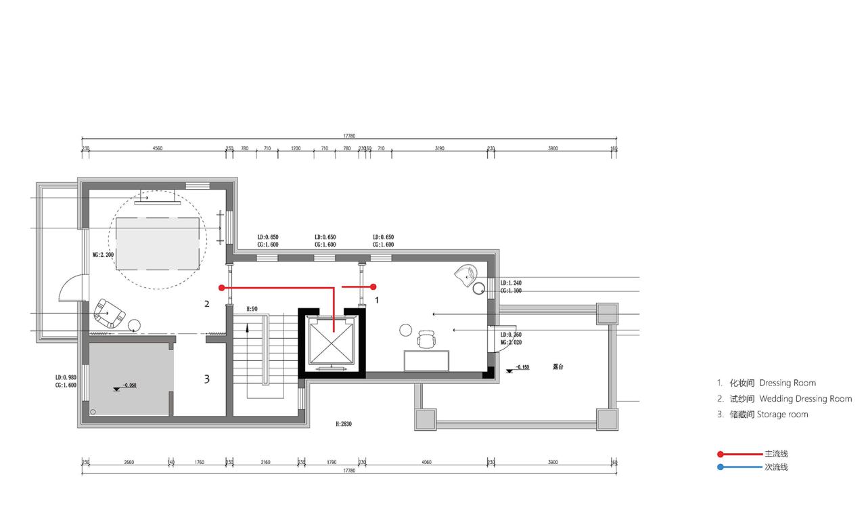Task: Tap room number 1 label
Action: coord(377,298)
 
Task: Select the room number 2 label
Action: coord(207,304)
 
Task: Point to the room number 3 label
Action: coord(207,379)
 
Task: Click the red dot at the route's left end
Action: coord(221,287)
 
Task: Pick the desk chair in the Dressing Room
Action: coord(426,338)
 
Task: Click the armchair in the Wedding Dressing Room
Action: coord(108,313)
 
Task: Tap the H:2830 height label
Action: coord(344,424)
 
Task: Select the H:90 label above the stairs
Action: coord(252,309)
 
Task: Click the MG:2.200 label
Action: coord(103,255)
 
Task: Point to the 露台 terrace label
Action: coord(558,367)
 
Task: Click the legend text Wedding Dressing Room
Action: coord(805,399)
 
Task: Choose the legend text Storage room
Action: coord(782,415)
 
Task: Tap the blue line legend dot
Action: coord(721,467)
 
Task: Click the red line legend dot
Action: coord(721,454)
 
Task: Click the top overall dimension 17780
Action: coord(349,136)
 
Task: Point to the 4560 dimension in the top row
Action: coord(157,148)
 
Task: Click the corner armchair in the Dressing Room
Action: coord(466,274)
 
